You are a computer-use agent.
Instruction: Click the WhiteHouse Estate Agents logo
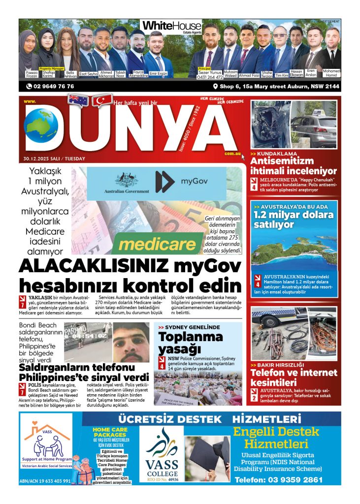(171, 27)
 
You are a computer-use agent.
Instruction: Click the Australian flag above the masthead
(78, 100)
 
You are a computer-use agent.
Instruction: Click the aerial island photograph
(295, 249)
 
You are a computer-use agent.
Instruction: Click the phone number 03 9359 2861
(279, 479)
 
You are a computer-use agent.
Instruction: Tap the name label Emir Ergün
(159, 74)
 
